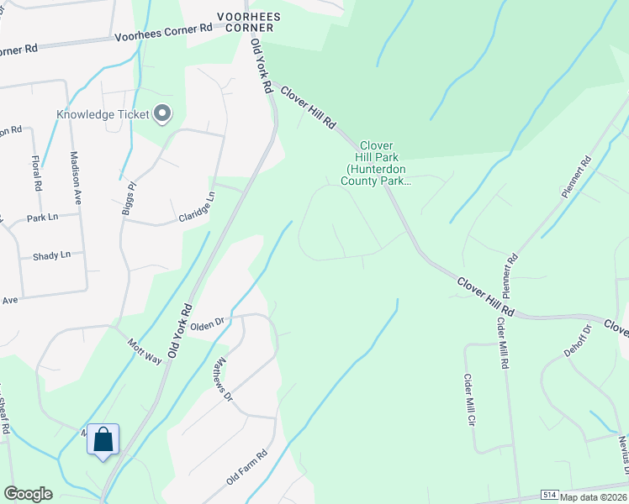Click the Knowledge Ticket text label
[x=103, y=114]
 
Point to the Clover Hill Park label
[x=378, y=162]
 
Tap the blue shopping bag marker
[x=103, y=440]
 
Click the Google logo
[x=28, y=494]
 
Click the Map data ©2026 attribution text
[x=594, y=497]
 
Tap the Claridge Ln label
[x=196, y=204]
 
